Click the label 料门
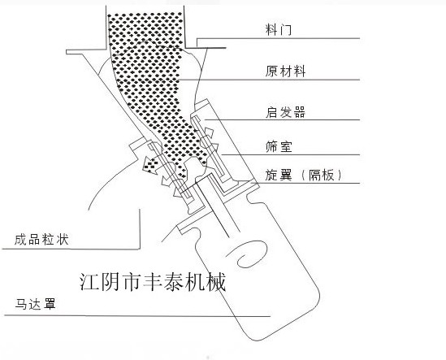point(279,29)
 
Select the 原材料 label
point(285,72)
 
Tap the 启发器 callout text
point(285,112)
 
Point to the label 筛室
point(279,147)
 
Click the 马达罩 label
point(35,304)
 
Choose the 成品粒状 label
point(41,240)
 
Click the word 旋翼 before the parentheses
point(279,175)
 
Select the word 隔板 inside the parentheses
point(322,175)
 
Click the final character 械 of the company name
point(216,282)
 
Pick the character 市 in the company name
point(132,282)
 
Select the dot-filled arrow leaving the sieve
point(151,165)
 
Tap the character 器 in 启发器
point(299,112)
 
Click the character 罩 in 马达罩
point(50,304)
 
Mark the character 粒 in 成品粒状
point(49,240)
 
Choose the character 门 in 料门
point(286,29)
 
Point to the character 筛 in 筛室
point(271,147)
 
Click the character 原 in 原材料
point(271,72)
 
